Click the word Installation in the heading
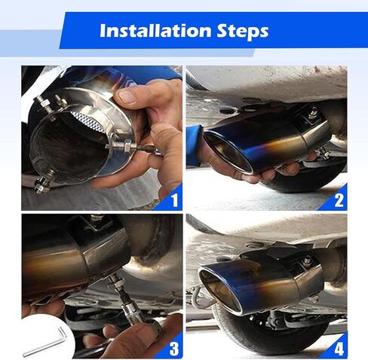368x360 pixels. coord(155,31)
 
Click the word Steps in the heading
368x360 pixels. coord(243,32)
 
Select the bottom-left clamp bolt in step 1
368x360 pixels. coord(44,182)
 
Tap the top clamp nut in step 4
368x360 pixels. coord(306,261)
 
